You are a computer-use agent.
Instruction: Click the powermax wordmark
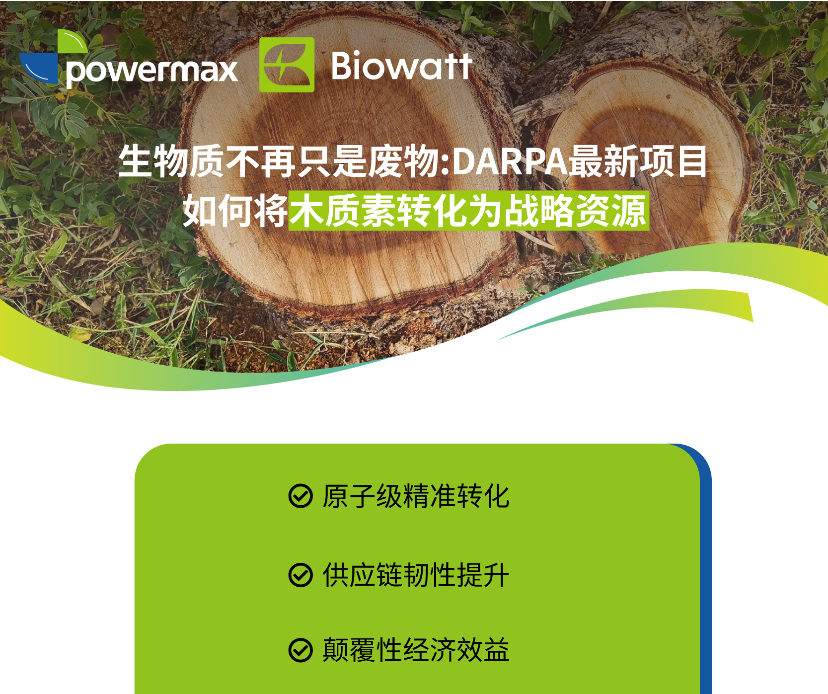pos(151,72)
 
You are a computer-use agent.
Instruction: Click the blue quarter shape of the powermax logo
pos(39,68)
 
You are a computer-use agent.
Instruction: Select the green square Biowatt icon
pos(287,65)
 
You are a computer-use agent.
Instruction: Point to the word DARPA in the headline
pos(511,161)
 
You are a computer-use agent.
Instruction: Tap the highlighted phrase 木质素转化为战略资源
pos(469,211)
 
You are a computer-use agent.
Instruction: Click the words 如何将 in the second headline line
pos(235,211)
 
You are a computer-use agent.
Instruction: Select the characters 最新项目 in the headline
pos(638,161)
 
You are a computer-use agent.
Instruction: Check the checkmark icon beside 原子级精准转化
pos(301,496)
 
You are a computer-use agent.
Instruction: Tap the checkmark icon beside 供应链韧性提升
pos(301,575)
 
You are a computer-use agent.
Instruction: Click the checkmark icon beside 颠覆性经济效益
pos(301,650)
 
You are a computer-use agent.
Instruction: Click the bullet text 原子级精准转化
pos(416,496)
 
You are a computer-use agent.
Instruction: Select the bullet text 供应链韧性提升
pos(416,575)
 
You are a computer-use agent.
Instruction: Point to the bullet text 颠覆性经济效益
pos(416,650)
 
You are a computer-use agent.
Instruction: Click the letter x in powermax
pos(228,72)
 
